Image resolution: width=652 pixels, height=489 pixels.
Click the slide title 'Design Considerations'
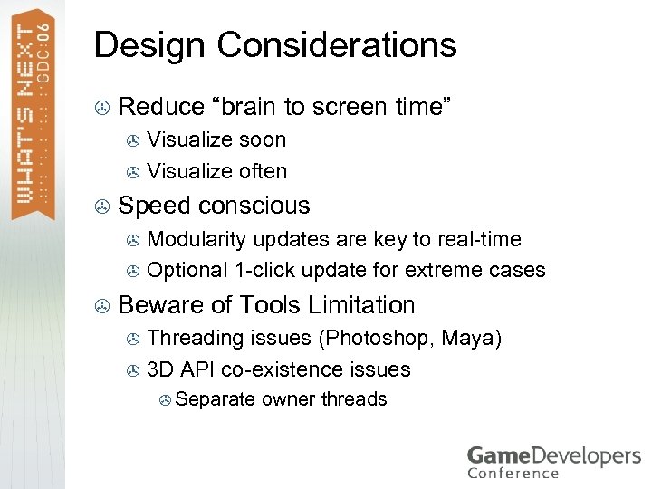[x=275, y=44]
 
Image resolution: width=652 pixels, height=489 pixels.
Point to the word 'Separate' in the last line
[x=216, y=399]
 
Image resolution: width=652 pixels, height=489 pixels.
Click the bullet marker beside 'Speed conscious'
[x=102, y=206]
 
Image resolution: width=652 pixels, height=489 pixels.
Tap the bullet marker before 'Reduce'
[x=102, y=108]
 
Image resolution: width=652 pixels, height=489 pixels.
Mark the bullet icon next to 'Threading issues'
[x=132, y=340]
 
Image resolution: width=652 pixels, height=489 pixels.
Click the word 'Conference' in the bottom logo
[x=513, y=472]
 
